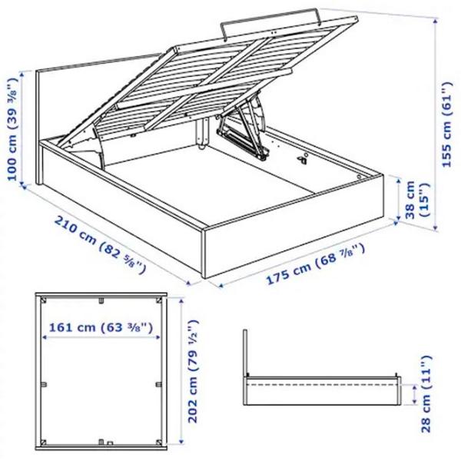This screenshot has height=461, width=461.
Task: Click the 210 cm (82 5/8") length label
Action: [x=100, y=244]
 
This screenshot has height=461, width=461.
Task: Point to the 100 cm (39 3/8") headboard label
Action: [x=12, y=129]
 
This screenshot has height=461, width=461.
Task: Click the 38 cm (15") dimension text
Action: [x=416, y=200]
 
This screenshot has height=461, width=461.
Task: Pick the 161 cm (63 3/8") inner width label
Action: [x=101, y=327]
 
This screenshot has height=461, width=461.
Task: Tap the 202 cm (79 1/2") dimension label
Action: [x=194, y=371]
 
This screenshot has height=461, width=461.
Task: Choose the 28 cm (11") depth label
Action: [x=427, y=393]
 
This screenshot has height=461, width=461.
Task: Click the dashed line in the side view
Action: [x=321, y=384]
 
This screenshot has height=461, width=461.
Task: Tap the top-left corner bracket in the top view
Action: [x=44, y=300]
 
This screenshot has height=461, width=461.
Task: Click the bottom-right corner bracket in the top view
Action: [x=159, y=443]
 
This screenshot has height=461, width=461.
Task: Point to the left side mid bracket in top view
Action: [x=44, y=384]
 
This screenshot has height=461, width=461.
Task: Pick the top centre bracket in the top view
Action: [x=101, y=300]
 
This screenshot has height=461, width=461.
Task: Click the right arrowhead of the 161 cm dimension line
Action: [x=158, y=337]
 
